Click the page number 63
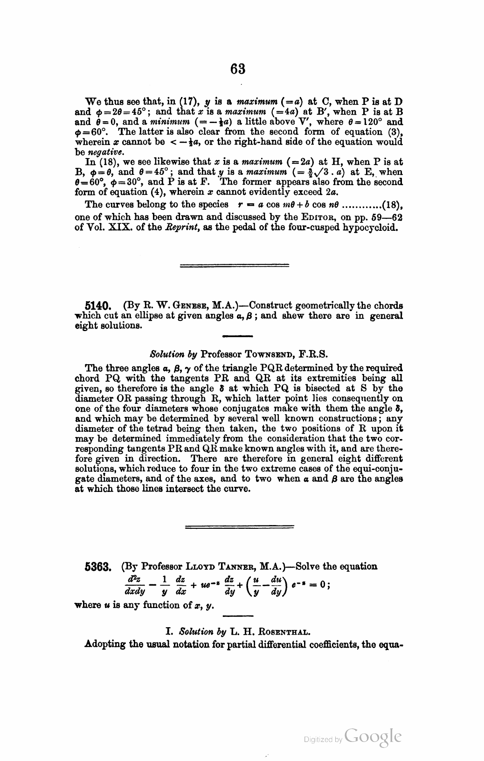[238, 69]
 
